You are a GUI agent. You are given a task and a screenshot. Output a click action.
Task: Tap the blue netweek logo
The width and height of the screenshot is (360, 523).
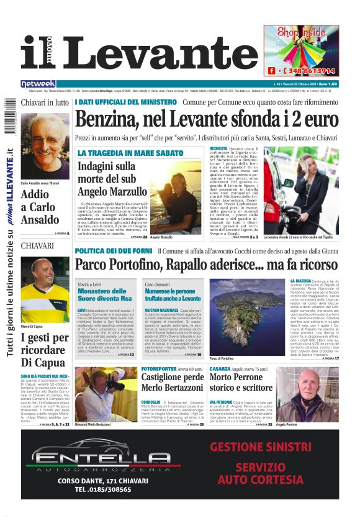coord(38,83)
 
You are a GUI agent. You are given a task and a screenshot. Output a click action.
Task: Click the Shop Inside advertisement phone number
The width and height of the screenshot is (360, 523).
coord(310,71)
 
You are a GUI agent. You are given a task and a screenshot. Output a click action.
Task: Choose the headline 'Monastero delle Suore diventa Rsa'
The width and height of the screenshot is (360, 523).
coord(106,294)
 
